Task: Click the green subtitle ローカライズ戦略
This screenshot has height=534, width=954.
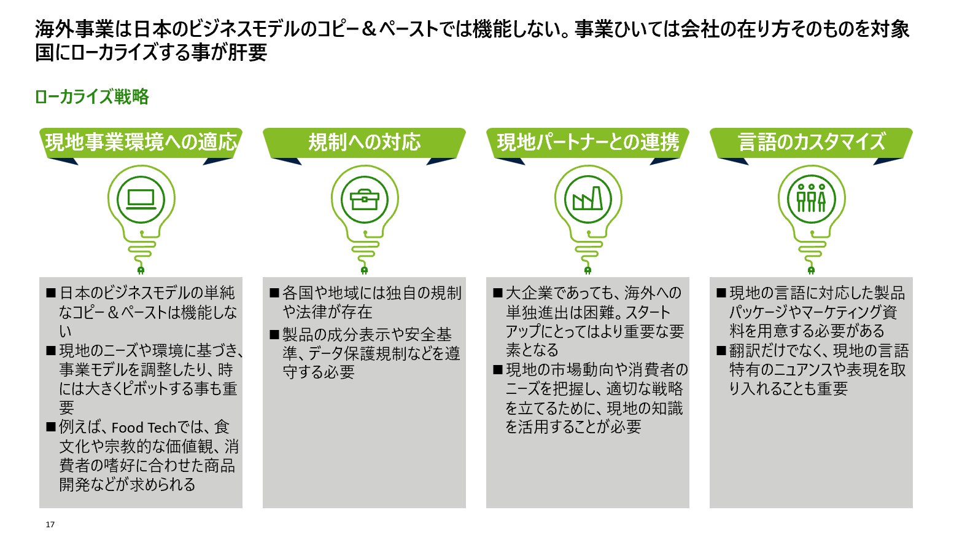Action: point(92,96)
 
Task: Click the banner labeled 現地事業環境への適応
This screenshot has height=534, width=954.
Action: point(141,142)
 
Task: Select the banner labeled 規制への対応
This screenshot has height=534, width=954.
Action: point(364,142)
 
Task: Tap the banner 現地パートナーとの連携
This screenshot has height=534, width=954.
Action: point(588,142)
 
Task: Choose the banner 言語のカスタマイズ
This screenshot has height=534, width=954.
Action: point(811,142)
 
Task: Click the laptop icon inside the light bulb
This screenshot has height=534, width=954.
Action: point(141,199)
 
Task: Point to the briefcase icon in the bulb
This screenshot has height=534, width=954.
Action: point(365,199)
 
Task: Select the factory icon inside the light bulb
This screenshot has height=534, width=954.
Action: point(588,199)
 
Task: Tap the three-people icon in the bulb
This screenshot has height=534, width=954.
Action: point(811,199)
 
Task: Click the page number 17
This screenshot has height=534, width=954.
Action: point(50,524)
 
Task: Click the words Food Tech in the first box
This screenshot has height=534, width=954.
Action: point(144,428)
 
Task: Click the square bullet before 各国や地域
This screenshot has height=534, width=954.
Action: point(274,293)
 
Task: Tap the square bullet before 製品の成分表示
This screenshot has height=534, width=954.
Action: point(274,335)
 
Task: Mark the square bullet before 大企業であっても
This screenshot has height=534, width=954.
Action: point(498,293)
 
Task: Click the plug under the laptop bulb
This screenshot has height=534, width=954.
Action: point(141,269)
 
